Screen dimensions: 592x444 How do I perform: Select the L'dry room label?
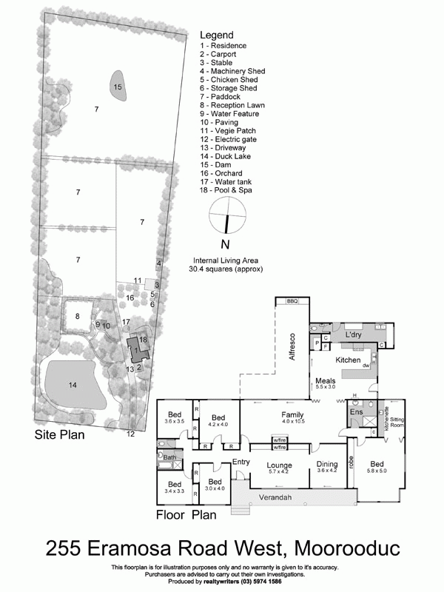click(352, 335)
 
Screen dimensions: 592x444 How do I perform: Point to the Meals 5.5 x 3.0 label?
click(325, 383)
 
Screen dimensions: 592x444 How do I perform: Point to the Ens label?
click(356, 411)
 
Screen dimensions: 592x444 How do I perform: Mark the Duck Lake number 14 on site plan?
click(73, 385)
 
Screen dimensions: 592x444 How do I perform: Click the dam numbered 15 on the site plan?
click(117, 87)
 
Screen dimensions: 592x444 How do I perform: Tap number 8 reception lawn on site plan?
click(77, 316)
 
